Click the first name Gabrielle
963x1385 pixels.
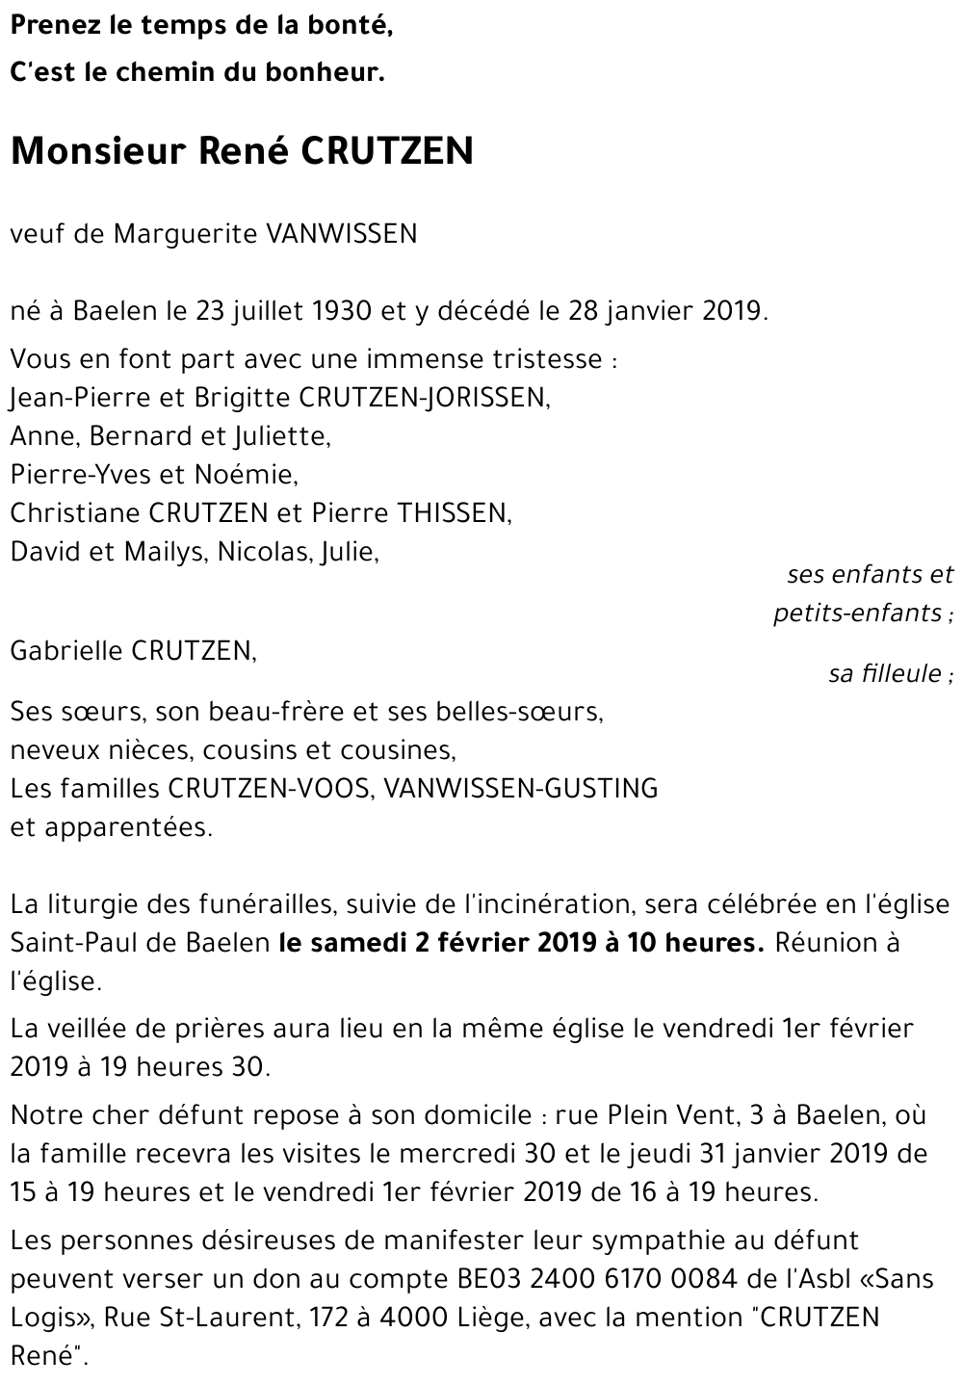(66, 652)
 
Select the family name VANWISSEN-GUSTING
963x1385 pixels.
(521, 789)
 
